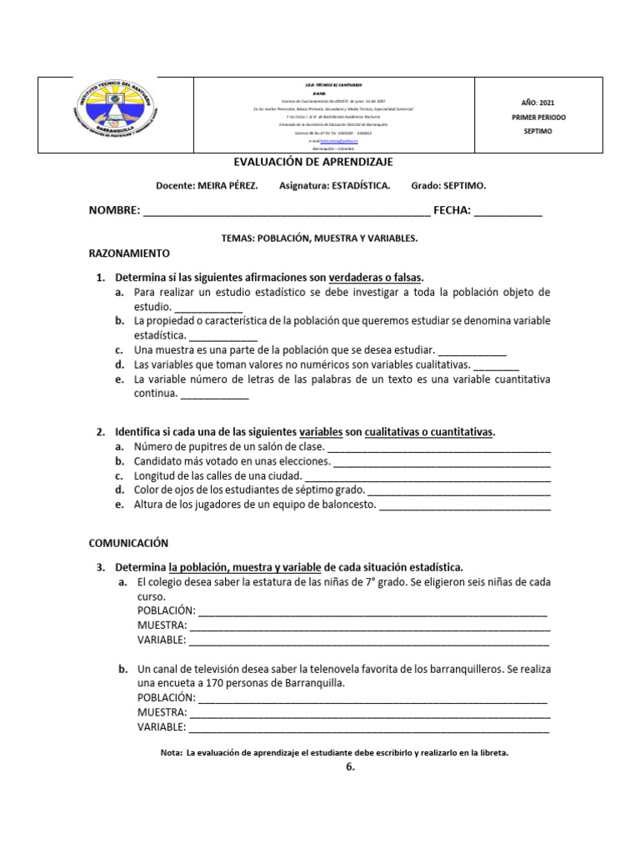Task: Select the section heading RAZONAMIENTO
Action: point(129,252)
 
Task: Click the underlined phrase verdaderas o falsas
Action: point(376,277)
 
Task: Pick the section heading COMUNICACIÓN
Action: point(128,542)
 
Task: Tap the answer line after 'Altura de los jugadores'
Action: point(464,505)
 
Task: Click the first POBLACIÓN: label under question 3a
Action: point(166,611)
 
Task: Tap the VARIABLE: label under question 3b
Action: point(162,727)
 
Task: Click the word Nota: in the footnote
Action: point(171,752)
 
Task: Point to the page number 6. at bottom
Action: point(350,768)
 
